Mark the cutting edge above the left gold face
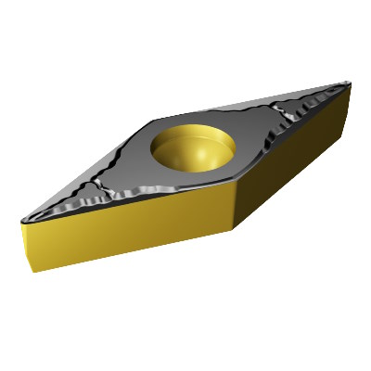(130, 202)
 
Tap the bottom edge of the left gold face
(139, 252)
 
